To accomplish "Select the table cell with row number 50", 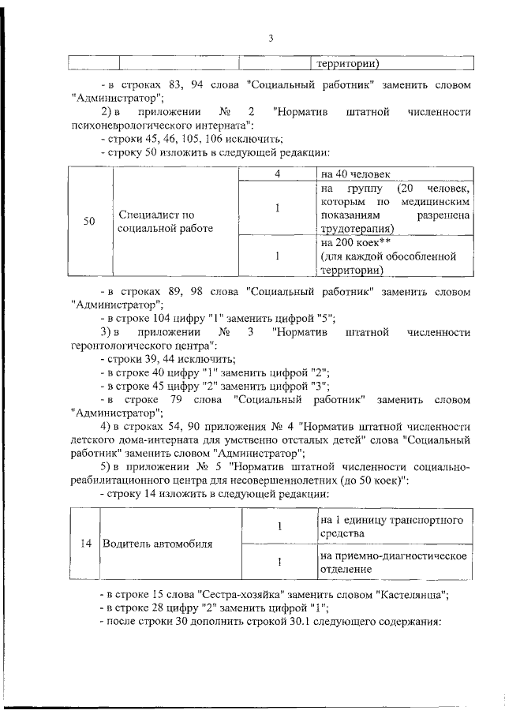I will [89, 222].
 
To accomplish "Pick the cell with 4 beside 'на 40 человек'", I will [277, 174].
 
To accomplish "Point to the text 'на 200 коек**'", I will [356, 243].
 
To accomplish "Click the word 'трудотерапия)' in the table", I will [360, 229].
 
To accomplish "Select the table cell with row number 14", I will [83, 544].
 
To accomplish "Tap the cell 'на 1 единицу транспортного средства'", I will [395, 526].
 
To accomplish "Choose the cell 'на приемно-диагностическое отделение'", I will [395, 563].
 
